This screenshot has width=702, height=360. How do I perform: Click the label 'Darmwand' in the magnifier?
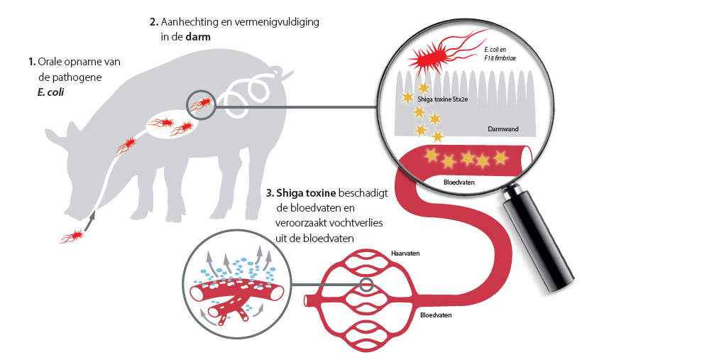(x=501, y=130)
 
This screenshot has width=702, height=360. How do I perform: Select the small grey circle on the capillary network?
(x=366, y=285)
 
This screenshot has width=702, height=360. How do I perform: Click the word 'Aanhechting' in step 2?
(x=188, y=22)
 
